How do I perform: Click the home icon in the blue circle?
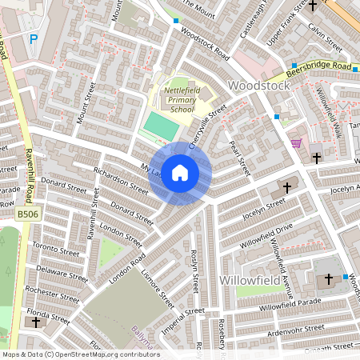[180, 173]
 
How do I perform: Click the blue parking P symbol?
[34, 38]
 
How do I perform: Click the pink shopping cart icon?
[297, 143]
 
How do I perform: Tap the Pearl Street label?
[238, 156]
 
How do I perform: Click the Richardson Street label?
[121, 181]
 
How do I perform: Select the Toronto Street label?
[55, 250]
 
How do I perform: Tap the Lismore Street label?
[157, 287]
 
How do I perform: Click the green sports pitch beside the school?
[162, 125]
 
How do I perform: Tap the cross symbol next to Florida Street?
[35, 322]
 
